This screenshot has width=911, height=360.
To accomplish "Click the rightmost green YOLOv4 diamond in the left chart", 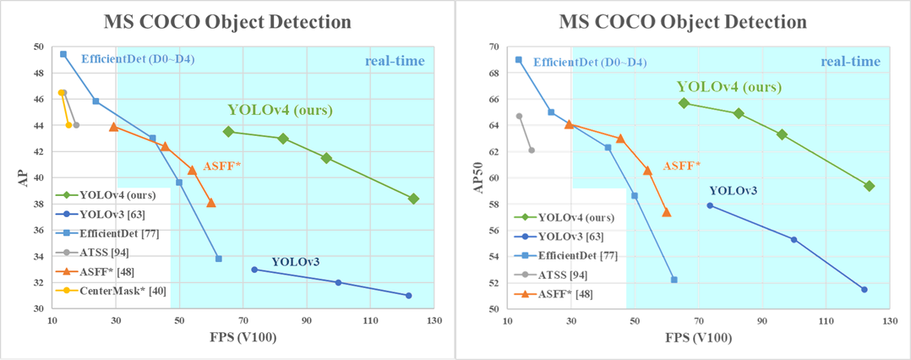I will (413, 199).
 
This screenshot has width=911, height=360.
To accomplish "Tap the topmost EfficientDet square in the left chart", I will (63, 54).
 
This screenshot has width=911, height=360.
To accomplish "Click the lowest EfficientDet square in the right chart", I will (674, 280).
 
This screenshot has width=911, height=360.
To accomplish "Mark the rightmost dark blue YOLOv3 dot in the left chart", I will (408, 296).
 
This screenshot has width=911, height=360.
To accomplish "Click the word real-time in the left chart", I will (395, 62).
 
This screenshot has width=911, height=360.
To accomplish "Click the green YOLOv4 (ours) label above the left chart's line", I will (280, 110).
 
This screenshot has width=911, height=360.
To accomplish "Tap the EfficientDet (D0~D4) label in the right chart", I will (590, 62).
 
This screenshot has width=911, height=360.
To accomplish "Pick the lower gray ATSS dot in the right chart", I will (532, 150).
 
